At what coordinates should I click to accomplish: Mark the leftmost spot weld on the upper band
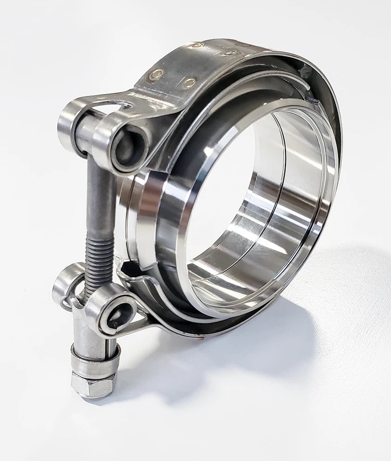[x=156, y=75]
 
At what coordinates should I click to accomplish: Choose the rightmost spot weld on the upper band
[x=229, y=53]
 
